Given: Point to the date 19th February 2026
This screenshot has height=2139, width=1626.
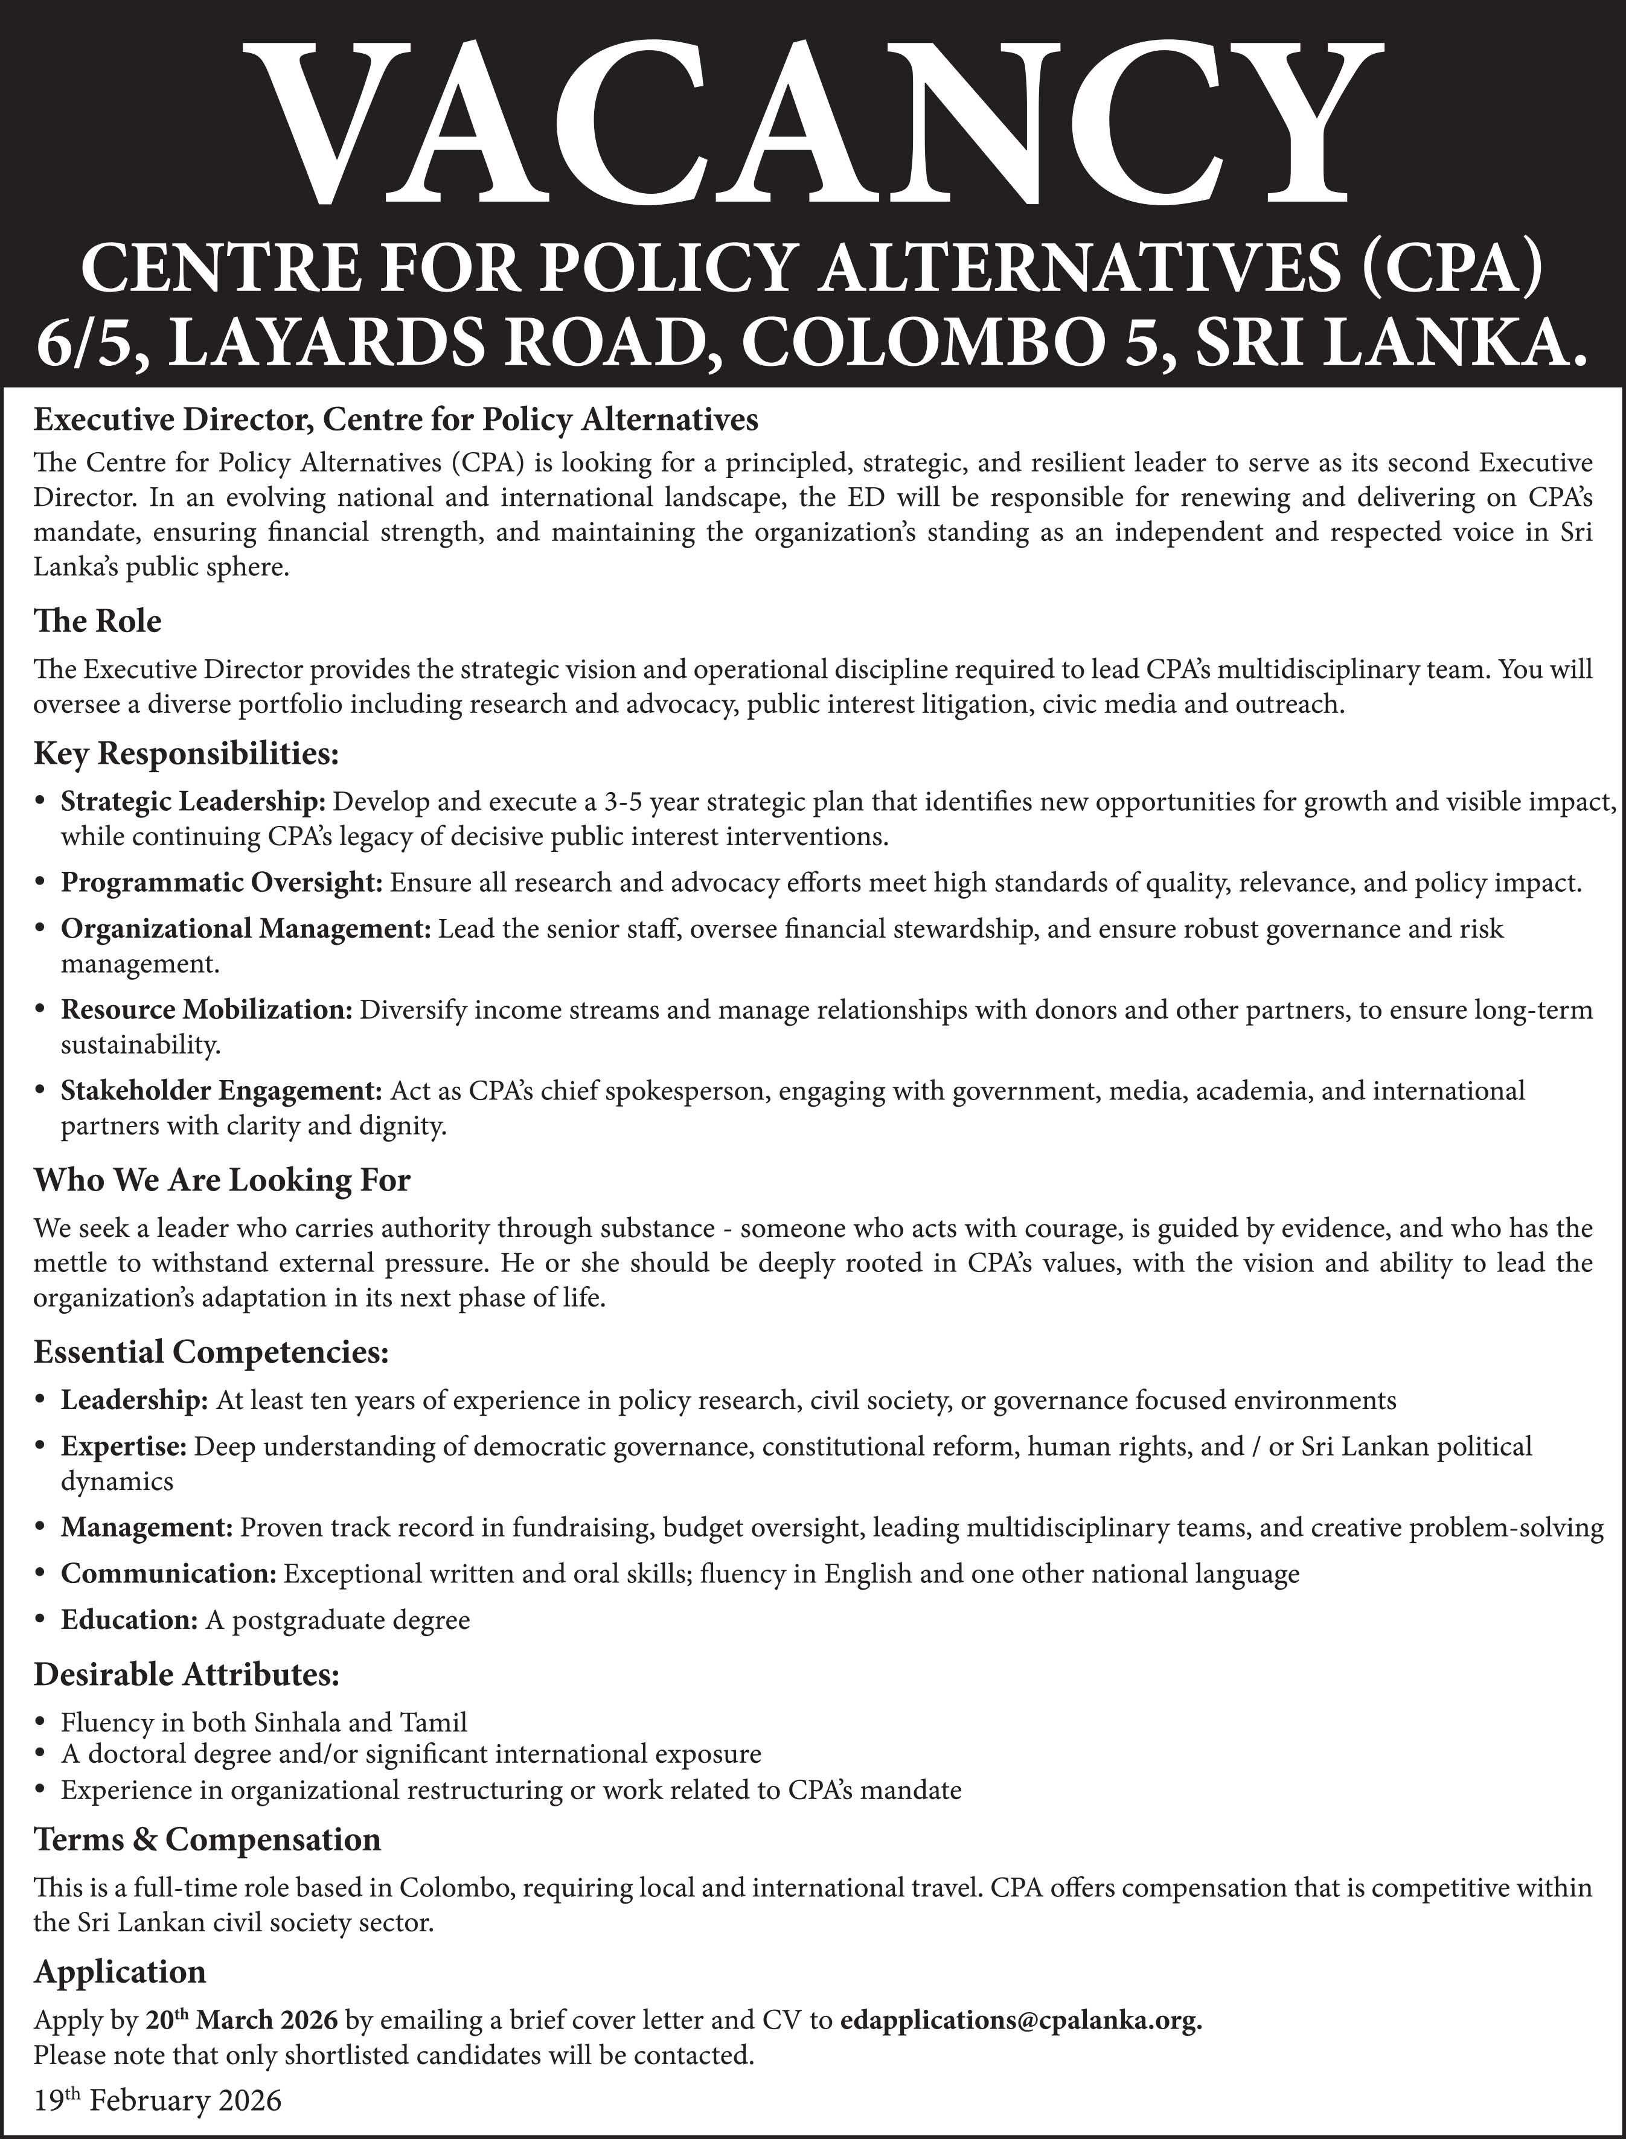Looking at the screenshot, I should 157,2100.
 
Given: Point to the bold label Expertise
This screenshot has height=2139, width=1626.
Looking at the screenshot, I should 123,1447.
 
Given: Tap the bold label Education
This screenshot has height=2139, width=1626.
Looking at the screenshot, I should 129,1620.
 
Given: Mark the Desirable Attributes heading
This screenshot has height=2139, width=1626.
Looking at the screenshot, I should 186,1674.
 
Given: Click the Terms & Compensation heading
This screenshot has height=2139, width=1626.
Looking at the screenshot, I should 207,1839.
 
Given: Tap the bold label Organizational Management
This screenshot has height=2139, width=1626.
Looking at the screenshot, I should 245,929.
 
